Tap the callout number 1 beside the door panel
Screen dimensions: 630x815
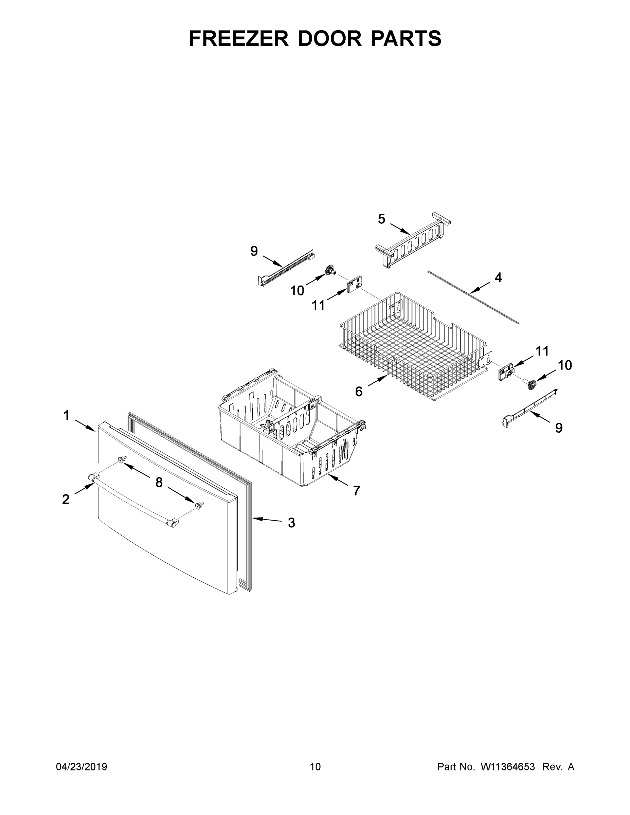click(67, 415)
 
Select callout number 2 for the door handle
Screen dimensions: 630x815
click(66, 499)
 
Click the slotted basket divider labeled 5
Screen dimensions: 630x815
click(412, 241)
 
